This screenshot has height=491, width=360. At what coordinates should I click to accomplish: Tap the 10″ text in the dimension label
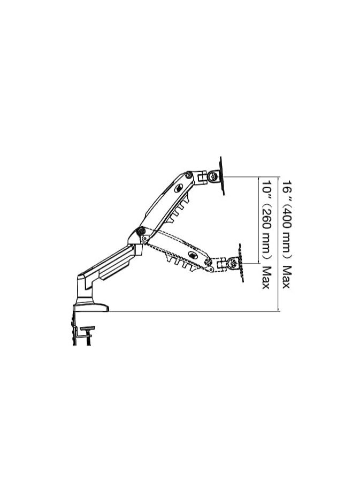point(265,187)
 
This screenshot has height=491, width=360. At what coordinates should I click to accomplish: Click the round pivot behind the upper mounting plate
point(213,177)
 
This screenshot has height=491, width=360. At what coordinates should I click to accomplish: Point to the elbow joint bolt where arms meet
point(140,231)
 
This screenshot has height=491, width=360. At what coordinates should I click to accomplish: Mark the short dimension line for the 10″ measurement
point(258,219)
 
